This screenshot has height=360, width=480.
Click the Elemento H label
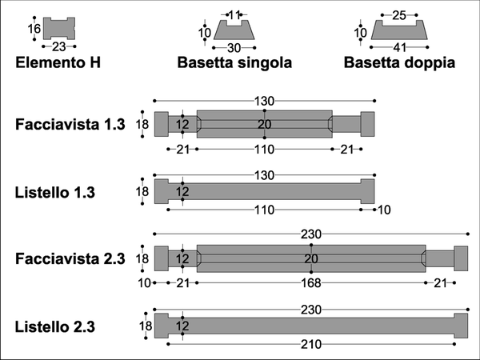point(58,62)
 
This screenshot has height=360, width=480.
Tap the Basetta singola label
point(234,62)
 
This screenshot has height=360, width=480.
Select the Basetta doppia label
point(399,62)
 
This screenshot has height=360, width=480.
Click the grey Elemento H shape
point(59,28)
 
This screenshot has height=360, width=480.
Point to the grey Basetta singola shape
point(234,31)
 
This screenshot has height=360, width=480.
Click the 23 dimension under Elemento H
point(58,47)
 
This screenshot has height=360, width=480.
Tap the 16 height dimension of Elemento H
point(34,29)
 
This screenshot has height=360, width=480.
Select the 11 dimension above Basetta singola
point(234,14)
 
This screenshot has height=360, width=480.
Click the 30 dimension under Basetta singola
point(234,48)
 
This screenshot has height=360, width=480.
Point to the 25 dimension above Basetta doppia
point(399,15)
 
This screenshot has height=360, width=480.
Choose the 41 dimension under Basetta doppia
point(400,47)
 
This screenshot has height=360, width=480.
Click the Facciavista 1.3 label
point(70,125)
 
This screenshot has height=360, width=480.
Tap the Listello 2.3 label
point(54,326)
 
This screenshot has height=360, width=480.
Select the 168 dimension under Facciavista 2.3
point(311,283)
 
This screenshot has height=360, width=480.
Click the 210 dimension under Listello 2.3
point(311,345)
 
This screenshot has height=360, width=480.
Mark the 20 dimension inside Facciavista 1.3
point(265,125)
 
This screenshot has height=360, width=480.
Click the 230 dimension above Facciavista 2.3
point(311,234)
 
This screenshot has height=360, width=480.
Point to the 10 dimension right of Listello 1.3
point(384,210)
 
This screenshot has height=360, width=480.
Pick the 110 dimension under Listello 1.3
point(265,210)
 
